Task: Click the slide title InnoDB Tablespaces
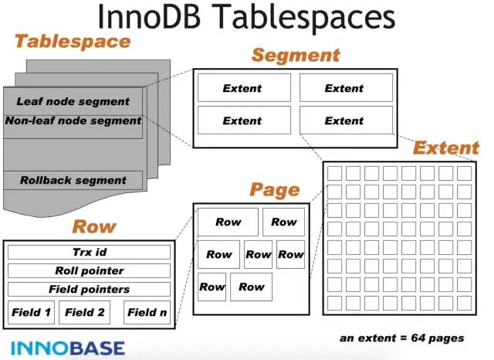coord(246,16)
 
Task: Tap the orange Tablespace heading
coord(73,42)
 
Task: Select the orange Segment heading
coord(296,55)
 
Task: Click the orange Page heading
coord(275,190)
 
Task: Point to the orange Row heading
coord(94,226)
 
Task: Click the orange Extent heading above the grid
coord(446,148)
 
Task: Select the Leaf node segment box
coord(73,101)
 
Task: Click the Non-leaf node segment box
coord(73,127)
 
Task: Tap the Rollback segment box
coord(73,180)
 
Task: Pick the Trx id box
coord(90,252)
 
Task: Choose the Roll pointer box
coord(90,271)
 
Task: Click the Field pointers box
coord(90,290)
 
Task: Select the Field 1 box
coord(31,312)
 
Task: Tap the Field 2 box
coord(84,312)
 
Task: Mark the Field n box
coord(147,312)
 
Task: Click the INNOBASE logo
coord(68,348)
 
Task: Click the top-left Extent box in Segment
coord(244,87)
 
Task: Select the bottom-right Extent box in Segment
coord(347,120)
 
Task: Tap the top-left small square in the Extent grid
coord(334,173)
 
